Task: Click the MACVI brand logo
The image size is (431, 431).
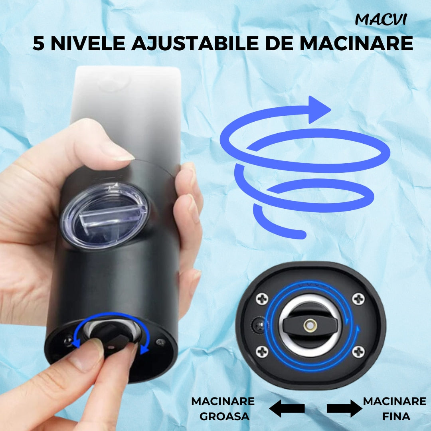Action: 381,20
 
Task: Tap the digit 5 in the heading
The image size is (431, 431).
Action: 38,43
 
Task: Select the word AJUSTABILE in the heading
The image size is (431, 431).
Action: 195,43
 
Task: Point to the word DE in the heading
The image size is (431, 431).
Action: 279,43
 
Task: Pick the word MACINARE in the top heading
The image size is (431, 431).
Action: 356,43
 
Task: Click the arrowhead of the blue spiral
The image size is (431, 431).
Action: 319,110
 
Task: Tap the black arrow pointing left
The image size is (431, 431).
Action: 287,409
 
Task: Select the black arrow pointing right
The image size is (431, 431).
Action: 344,409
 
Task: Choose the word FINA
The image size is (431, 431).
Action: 396,416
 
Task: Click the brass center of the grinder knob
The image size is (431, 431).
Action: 310,326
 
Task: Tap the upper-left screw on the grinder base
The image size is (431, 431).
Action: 262,299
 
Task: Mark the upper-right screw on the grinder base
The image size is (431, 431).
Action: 358,299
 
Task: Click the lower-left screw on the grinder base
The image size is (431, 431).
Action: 262,352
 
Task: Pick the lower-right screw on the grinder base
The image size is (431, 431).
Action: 358,352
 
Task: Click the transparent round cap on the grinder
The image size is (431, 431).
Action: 105,215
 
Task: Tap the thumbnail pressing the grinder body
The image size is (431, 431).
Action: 117,153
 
